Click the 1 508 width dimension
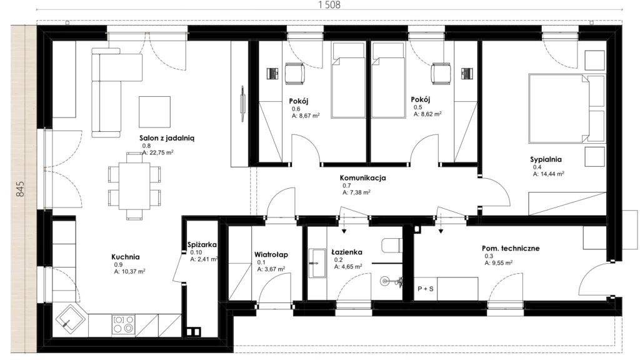tap(329, 5)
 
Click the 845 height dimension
tap(20, 189)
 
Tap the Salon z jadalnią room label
tap(167, 138)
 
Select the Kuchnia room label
tap(125, 257)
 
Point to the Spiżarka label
tap(202, 244)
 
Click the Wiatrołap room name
tap(271, 254)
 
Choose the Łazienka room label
tap(346, 252)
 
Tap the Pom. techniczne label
tap(511, 247)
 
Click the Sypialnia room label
tap(546, 159)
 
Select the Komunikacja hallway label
tap(362, 177)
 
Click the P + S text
tap(425, 289)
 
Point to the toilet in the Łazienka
tap(392, 246)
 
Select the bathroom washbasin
tap(317, 263)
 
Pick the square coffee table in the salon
tap(154, 112)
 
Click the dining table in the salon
tap(134, 186)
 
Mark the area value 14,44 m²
tap(549, 174)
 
